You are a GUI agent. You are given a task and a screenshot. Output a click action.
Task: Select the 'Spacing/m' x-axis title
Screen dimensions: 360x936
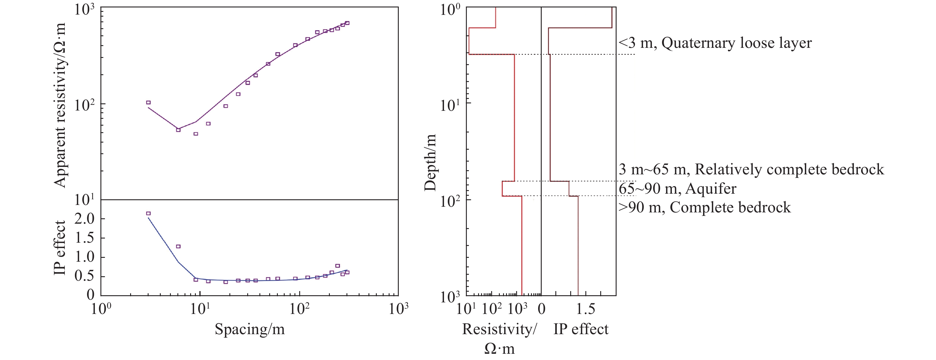coord(250,329)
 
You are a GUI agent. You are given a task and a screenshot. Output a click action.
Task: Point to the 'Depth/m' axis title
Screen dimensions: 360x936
coord(430,162)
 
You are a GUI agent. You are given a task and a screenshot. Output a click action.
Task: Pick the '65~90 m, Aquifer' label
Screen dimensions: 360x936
coord(677,189)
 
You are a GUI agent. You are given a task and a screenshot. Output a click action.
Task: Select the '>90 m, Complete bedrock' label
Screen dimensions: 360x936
coord(705,207)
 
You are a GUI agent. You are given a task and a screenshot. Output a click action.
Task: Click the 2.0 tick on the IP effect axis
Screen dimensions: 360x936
coord(84,219)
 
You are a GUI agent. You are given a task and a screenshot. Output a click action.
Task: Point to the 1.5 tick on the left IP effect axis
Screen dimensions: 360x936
coord(84,238)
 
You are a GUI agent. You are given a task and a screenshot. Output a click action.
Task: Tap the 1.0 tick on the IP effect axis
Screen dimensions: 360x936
coord(84,257)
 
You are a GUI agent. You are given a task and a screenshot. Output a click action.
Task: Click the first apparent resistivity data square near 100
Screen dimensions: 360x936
coord(148,102)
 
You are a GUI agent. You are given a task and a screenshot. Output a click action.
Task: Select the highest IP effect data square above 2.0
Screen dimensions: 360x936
coord(148,214)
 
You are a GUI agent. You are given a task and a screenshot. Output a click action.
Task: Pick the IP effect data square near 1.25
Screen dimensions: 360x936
coord(178,247)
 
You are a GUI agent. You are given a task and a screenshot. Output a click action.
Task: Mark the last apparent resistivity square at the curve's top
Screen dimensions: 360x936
coord(347,23)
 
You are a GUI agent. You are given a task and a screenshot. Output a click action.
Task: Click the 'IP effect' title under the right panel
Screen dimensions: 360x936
coord(581,329)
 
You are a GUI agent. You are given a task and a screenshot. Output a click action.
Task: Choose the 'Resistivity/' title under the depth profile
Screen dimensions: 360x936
coord(499,329)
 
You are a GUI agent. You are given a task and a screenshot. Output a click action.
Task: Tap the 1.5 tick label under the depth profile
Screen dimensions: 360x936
coord(586,310)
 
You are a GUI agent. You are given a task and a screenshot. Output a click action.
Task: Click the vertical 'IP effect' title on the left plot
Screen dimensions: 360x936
coord(60,248)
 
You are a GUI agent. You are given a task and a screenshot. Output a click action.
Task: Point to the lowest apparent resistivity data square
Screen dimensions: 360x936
coord(196,134)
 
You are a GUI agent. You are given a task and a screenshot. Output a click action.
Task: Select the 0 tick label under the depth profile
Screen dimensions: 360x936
coord(541,310)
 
